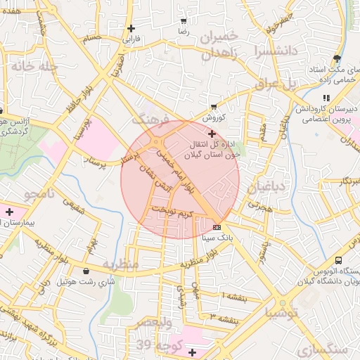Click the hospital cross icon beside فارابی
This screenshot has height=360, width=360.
(x=131, y=28)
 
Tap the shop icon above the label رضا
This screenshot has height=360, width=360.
(x=184, y=22)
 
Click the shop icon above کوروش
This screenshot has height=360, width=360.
(x=213, y=107)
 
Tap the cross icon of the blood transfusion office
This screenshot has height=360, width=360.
(x=212, y=133)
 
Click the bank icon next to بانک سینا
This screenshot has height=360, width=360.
(x=217, y=227)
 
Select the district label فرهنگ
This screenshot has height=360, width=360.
(x=150, y=118)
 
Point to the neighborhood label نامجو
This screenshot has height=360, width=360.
(x=39, y=193)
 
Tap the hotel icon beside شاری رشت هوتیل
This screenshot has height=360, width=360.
(x=86, y=271)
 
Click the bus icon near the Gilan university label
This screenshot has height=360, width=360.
(x=339, y=259)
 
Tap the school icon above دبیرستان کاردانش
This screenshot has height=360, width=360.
(x=325, y=98)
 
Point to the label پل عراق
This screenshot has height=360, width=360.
(x=300, y=84)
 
